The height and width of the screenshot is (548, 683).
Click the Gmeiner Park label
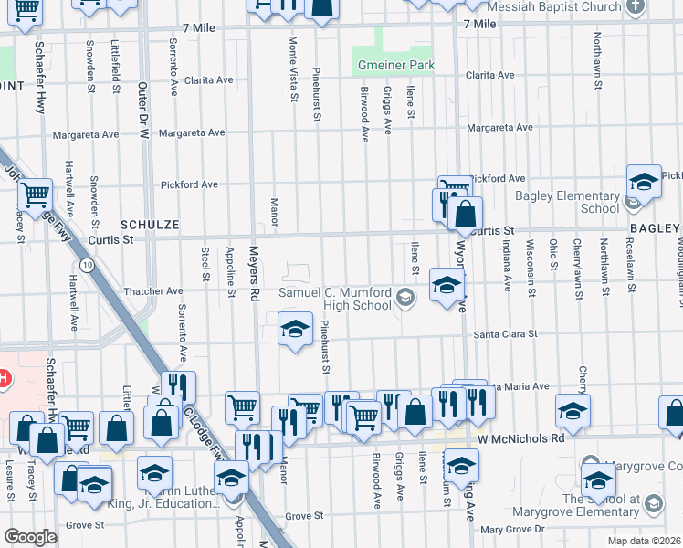pyautogui.click(x=394, y=66)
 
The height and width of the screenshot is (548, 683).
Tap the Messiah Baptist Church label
pyautogui.click(x=553, y=6)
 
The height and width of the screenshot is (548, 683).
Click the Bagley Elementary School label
pyautogui.click(x=567, y=202)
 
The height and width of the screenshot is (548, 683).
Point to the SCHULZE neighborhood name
pyautogui.click(x=149, y=224)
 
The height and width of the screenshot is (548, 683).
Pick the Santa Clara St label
pyautogui.click(x=505, y=334)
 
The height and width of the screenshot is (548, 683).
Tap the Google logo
pyautogui.click(x=30, y=537)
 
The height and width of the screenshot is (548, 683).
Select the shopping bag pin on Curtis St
pyautogui.click(x=465, y=215)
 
